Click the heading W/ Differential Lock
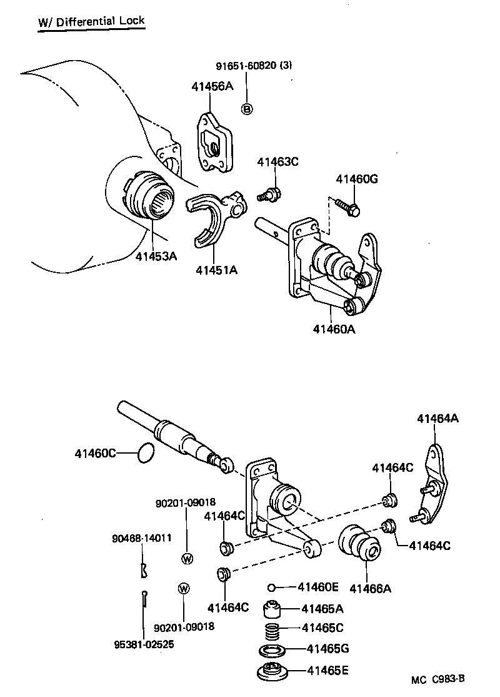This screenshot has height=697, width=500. (x=91, y=23)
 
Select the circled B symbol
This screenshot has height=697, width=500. (x=247, y=109)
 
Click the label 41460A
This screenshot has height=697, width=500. (x=334, y=328)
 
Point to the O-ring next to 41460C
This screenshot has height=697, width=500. (x=146, y=453)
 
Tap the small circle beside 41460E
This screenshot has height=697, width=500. (x=271, y=587)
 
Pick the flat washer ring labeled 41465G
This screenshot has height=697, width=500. (x=272, y=649)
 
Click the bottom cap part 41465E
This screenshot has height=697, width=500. (x=273, y=673)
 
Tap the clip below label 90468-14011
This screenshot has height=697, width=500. (x=144, y=570)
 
